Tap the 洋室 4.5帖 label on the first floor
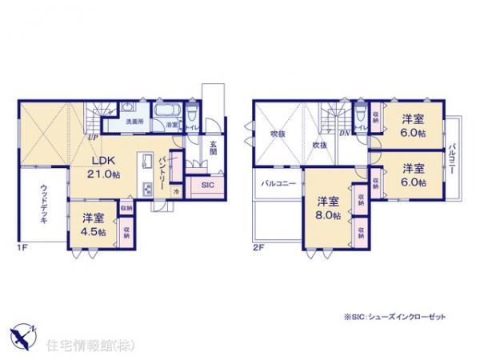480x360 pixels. coord(94,224)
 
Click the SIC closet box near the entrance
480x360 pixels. coord(207,185)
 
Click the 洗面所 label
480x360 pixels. coord(133,122)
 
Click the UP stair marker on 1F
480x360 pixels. coord(93,137)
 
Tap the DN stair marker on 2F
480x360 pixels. coord(343,134)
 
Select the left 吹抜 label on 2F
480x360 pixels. coord(277,134)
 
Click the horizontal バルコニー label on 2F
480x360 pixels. coord(278,184)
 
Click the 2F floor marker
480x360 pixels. coord(258,249)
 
